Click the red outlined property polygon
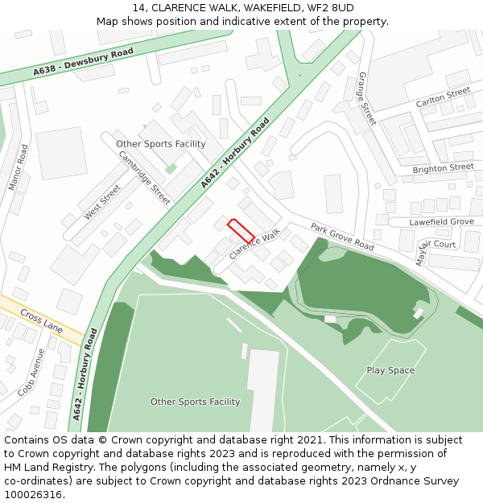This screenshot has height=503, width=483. [241, 230]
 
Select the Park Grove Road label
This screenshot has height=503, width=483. [342, 237]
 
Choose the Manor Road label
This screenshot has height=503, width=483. [18, 167]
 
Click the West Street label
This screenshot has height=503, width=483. [102, 202]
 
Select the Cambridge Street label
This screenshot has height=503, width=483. [145, 178]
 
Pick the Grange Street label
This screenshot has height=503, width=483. [366, 98]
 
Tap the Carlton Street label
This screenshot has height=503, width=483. [443, 98]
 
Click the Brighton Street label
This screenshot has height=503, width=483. [443, 168]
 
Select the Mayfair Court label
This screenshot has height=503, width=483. [436, 249]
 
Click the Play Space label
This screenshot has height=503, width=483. [390, 370]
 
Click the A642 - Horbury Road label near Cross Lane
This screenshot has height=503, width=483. [84, 374]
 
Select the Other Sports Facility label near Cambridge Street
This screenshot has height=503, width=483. [161, 144]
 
